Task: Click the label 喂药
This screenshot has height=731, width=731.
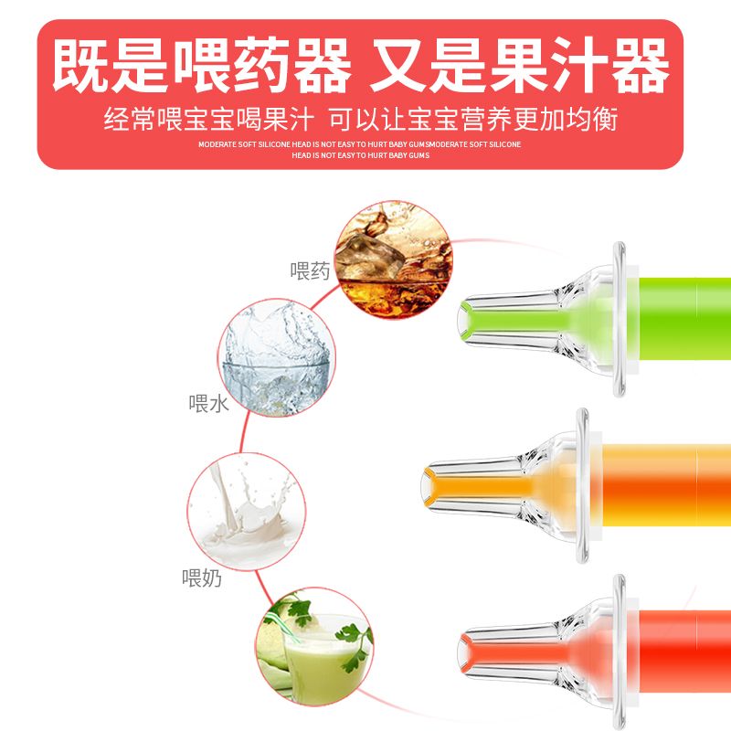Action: coord(310,270)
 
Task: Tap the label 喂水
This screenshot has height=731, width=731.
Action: coord(208,404)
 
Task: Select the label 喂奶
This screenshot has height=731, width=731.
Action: coord(202,578)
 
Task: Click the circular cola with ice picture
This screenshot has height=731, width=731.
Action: coord(394,260)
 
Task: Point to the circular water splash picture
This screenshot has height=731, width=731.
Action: coord(277,357)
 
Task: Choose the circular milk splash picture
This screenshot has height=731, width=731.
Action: coord(247,512)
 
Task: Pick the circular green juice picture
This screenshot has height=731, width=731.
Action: coord(314,646)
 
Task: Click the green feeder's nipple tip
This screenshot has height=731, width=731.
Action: coord(461,321)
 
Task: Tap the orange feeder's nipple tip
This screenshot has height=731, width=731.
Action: coord(425,487)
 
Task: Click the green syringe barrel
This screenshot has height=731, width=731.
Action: coord(684,319)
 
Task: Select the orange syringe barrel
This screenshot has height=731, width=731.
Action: coord(667,485)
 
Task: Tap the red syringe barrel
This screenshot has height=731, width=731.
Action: coord(684,652)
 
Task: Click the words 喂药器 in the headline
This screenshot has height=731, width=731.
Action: coord(262,65)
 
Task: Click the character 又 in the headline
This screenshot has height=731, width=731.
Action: coord(400,65)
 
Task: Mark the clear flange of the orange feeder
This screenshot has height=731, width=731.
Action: coord(582,485)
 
